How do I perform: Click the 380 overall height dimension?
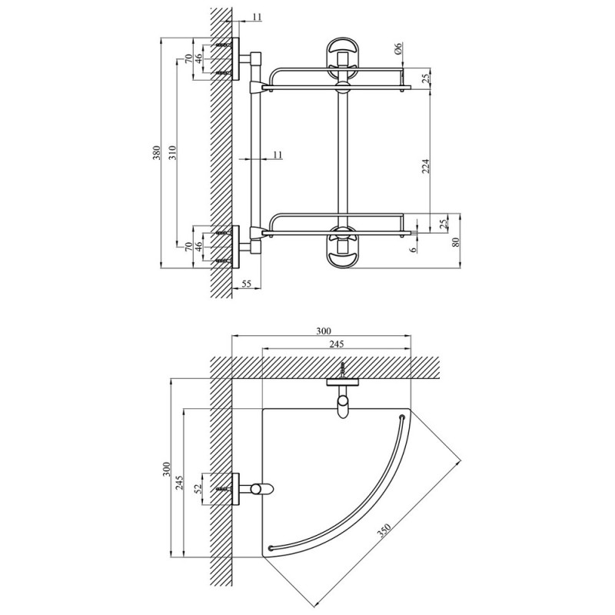pyautogui.click(x=157, y=152)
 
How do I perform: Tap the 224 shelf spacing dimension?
pyautogui.click(x=426, y=166)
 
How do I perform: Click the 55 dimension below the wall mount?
pyautogui.click(x=246, y=284)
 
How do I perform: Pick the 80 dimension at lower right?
pyautogui.click(x=455, y=242)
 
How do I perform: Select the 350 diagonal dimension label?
pyautogui.click(x=383, y=530)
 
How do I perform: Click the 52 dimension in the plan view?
pyautogui.click(x=198, y=488)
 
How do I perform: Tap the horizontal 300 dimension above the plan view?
pyautogui.click(x=324, y=331)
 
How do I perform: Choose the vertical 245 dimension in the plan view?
pyautogui.click(x=179, y=483)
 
